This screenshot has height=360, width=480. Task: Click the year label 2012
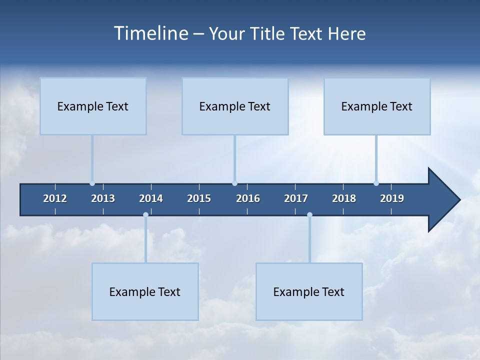(x=55, y=198)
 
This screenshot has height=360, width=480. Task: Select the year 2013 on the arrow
(x=103, y=198)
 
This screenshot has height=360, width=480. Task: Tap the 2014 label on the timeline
(x=151, y=198)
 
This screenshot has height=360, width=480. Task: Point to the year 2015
(x=199, y=198)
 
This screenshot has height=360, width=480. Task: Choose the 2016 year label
(x=248, y=198)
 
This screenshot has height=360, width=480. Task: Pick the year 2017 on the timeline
(x=296, y=198)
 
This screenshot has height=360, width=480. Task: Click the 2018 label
(x=344, y=198)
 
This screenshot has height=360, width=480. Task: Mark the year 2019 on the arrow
(x=392, y=198)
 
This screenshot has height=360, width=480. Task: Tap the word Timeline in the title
(x=150, y=33)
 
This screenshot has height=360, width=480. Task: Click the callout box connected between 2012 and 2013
(x=93, y=106)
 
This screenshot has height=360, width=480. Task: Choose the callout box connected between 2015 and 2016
(x=235, y=106)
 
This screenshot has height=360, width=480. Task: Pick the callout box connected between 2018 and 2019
(x=377, y=106)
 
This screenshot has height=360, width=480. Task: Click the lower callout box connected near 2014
(x=145, y=291)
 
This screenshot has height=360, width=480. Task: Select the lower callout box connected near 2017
(x=309, y=291)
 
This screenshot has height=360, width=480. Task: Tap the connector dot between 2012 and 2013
(x=92, y=183)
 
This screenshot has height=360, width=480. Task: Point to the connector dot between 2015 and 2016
(x=234, y=183)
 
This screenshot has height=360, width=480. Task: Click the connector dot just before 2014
(x=145, y=215)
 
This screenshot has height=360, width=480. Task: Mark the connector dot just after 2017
(x=309, y=215)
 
